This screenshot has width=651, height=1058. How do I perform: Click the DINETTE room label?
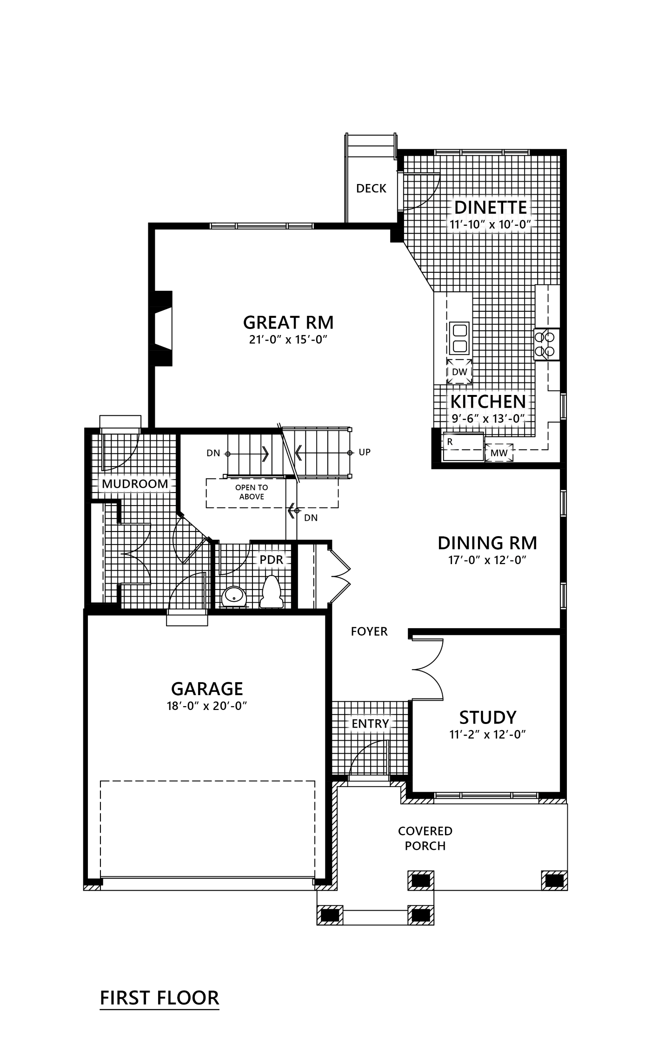pos(491,207)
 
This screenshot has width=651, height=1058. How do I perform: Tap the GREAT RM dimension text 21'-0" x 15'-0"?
pos(289,340)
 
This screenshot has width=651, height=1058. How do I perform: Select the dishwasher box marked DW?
pos(459,371)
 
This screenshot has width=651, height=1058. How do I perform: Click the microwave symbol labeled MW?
pos(499,453)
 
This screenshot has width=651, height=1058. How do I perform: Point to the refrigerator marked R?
pos(464,447)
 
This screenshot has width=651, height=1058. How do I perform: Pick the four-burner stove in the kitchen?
pos(546,344)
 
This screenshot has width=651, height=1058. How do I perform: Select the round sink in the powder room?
pos(233,597)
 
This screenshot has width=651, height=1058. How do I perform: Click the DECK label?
pos(371,188)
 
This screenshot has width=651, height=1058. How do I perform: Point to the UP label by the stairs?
pos(365,452)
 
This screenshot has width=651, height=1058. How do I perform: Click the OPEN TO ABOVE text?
pos(252,492)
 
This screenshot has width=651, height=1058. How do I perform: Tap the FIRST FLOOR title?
pos(159,998)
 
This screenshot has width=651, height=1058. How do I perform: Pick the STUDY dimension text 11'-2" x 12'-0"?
pos(487,735)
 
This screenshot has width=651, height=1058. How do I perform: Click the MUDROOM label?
pos(135,484)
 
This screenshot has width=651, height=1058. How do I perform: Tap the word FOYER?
pos(369,631)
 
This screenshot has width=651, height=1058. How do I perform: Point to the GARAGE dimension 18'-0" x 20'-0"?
pos(206,706)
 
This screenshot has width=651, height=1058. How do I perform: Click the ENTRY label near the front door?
pos(370,723)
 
